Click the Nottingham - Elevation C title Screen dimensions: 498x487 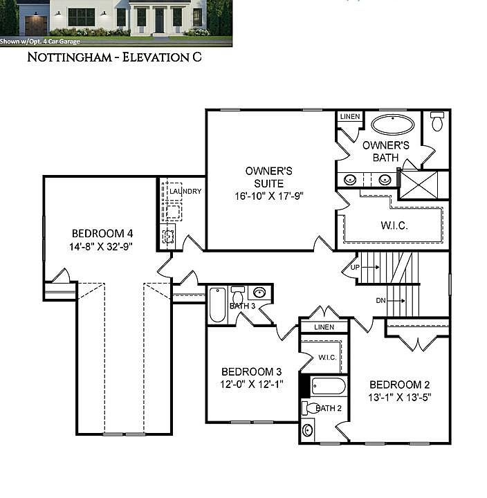point(115,57)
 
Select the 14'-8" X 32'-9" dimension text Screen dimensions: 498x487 point(101,246)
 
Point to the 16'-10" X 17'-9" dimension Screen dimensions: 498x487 point(269,196)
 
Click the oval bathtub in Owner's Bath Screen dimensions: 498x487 point(393,124)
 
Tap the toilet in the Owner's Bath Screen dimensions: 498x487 point(437,122)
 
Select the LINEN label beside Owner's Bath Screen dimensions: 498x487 point(350,117)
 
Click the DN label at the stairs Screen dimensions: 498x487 point(380,300)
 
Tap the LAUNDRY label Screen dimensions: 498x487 point(185,191)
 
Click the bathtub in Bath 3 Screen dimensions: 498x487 point(217,305)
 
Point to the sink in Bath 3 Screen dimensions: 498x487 point(260,292)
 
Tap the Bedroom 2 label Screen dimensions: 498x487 point(400,385)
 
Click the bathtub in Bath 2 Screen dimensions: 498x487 point(323,385)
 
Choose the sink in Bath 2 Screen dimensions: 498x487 point(308,430)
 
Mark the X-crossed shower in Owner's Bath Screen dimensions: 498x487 point(424,185)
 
